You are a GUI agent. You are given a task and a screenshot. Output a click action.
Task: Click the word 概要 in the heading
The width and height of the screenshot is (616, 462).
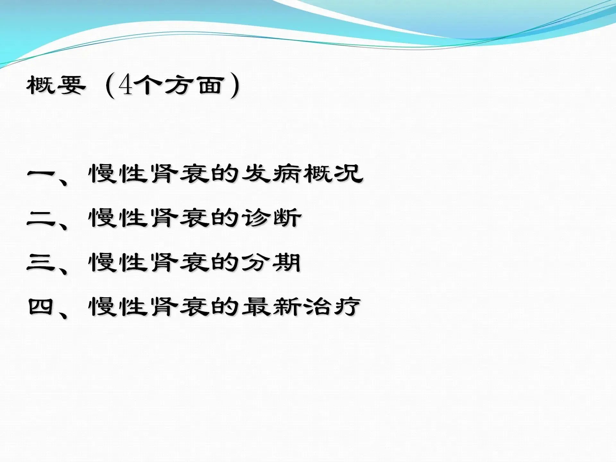click(56, 85)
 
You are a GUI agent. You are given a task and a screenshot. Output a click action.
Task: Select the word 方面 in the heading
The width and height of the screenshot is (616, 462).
click(194, 85)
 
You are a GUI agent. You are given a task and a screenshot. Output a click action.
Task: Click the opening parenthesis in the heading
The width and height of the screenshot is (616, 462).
click(110, 86)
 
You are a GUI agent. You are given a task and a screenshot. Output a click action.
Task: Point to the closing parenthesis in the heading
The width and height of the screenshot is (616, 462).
click(235, 86)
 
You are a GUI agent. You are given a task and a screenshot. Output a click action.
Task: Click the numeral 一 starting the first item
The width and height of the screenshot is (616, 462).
click(41, 174)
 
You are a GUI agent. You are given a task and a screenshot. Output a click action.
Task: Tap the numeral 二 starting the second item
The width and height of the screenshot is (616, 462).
click(41, 218)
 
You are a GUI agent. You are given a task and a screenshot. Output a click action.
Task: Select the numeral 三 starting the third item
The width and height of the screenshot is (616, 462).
click(41, 262)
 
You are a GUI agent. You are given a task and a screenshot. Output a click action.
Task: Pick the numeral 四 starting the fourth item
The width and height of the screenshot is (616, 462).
click(41, 307)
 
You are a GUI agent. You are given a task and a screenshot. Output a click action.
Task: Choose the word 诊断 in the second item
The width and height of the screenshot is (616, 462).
click(271, 218)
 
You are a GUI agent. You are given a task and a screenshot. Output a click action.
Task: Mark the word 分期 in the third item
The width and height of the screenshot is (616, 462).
click(271, 262)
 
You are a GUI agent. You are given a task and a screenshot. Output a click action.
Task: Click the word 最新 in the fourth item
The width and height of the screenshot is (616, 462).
click(271, 306)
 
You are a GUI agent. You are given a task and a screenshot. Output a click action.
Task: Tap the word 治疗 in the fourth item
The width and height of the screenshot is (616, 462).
click(332, 306)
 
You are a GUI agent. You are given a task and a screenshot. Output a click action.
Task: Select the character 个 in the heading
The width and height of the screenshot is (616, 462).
click(148, 85)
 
